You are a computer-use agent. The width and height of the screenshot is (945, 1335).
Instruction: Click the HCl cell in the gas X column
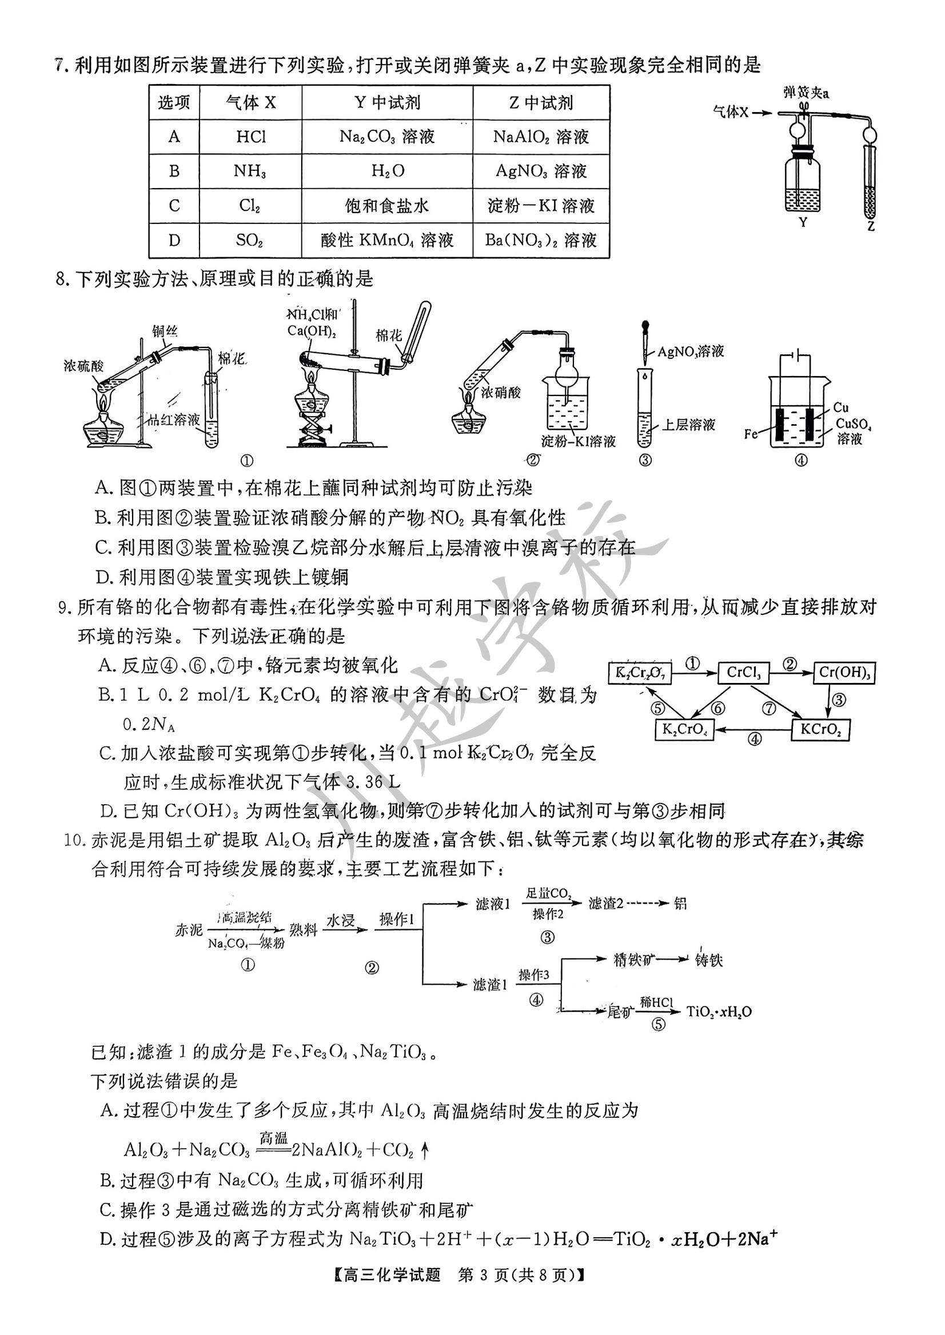click(251, 137)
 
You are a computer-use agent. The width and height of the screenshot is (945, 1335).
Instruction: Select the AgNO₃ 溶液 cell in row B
click(541, 171)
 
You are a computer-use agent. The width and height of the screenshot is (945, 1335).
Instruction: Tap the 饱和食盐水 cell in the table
click(387, 205)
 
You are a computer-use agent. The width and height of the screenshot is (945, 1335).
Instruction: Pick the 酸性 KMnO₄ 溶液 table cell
click(387, 240)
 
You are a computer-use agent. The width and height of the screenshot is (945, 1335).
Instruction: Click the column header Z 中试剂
click(541, 103)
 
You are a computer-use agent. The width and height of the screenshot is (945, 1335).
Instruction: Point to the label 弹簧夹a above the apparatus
click(806, 93)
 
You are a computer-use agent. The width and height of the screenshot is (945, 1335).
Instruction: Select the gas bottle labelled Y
click(803, 183)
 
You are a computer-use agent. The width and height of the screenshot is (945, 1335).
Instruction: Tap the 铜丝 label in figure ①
click(165, 331)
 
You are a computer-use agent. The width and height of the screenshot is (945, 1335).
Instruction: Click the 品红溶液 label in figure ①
click(173, 420)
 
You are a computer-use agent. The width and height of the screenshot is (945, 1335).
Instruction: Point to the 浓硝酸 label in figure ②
click(501, 393)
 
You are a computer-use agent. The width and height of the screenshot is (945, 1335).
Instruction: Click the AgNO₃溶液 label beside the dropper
click(691, 351)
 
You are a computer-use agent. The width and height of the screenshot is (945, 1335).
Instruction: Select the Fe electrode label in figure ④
click(751, 434)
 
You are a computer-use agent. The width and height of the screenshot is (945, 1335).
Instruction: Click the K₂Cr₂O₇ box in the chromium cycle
click(640, 673)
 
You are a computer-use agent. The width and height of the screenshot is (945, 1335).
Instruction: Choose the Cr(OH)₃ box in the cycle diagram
click(844, 673)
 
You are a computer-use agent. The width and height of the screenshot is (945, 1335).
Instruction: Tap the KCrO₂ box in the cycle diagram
click(820, 729)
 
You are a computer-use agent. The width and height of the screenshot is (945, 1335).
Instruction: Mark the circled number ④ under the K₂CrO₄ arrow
click(754, 740)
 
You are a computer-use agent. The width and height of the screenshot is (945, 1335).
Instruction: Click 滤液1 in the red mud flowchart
click(492, 904)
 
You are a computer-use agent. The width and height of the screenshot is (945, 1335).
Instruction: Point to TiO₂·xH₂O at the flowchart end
click(719, 1012)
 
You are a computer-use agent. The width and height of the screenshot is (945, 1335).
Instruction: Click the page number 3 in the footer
click(484, 1275)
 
